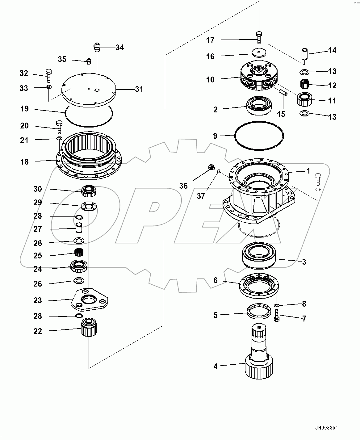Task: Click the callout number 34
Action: (x=120, y=48)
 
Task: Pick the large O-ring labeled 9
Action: (x=259, y=136)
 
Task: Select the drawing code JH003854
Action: (x=326, y=428)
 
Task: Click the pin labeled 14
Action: (x=306, y=54)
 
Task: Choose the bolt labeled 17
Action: (x=259, y=38)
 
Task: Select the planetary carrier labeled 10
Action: (x=258, y=77)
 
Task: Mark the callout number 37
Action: (x=201, y=196)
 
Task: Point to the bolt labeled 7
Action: (x=276, y=317)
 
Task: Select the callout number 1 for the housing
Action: (x=308, y=171)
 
